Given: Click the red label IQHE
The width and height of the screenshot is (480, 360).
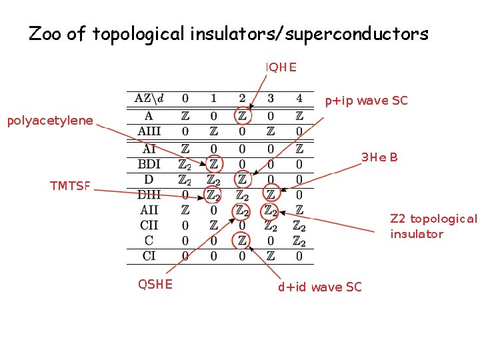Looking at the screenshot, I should (x=281, y=67).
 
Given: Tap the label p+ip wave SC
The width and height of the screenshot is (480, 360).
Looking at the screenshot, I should (x=366, y=101).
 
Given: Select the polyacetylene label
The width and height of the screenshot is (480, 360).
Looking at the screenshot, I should (x=50, y=121).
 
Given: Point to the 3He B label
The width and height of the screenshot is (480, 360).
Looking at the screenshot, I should (x=379, y=157).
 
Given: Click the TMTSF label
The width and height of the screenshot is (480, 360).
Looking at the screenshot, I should (x=70, y=185).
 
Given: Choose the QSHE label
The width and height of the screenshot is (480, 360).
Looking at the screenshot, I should (x=155, y=285).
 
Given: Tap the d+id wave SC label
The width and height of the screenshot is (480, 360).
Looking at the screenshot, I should (x=320, y=287).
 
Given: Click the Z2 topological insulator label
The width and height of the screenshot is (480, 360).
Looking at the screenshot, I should (x=433, y=226).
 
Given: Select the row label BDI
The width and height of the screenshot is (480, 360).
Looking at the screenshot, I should (x=149, y=164).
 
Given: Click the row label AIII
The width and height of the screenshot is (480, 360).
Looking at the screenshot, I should (x=149, y=131).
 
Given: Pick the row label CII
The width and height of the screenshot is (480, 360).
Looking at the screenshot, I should (x=149, y=225).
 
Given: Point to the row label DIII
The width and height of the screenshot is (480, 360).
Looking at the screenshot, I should (x=149, y=195).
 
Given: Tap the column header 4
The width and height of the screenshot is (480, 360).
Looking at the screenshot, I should (x=299, y=99).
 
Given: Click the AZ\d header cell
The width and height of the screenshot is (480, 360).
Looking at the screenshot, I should (x=149, y=99).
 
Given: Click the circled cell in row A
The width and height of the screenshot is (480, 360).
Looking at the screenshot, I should (x=243, y=115).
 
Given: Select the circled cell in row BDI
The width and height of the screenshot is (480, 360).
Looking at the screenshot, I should (x=213, y=164).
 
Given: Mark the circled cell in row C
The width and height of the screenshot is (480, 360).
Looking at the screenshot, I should (x=243, y=241).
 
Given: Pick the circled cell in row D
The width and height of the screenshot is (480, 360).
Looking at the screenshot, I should (x=243, y=179).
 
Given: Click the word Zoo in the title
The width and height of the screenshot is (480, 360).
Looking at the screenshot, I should (x=47, y=33).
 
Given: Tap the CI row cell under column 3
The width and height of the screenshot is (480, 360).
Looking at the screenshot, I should (x=271, y=256).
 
